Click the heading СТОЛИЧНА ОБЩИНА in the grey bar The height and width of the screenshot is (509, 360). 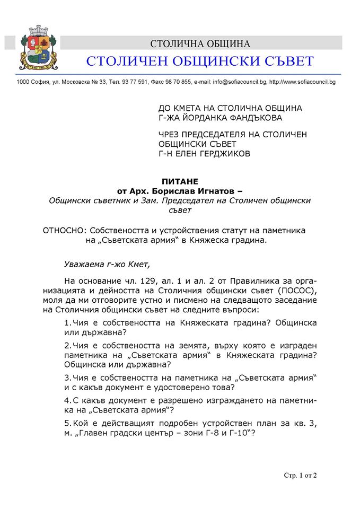[200, 43]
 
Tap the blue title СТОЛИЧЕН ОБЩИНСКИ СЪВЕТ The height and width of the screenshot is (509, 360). [200, 62]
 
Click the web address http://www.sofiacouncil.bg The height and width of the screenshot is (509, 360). [302, 82]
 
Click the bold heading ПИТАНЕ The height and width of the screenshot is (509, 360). [179, 182]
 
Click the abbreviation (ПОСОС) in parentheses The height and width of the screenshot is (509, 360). [296, 291]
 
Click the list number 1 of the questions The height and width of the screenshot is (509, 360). [66, 323]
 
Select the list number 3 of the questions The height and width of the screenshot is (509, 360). [66, 377]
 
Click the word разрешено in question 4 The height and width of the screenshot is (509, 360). [170, 400]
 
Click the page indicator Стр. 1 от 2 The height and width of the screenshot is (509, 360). [300, 475]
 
